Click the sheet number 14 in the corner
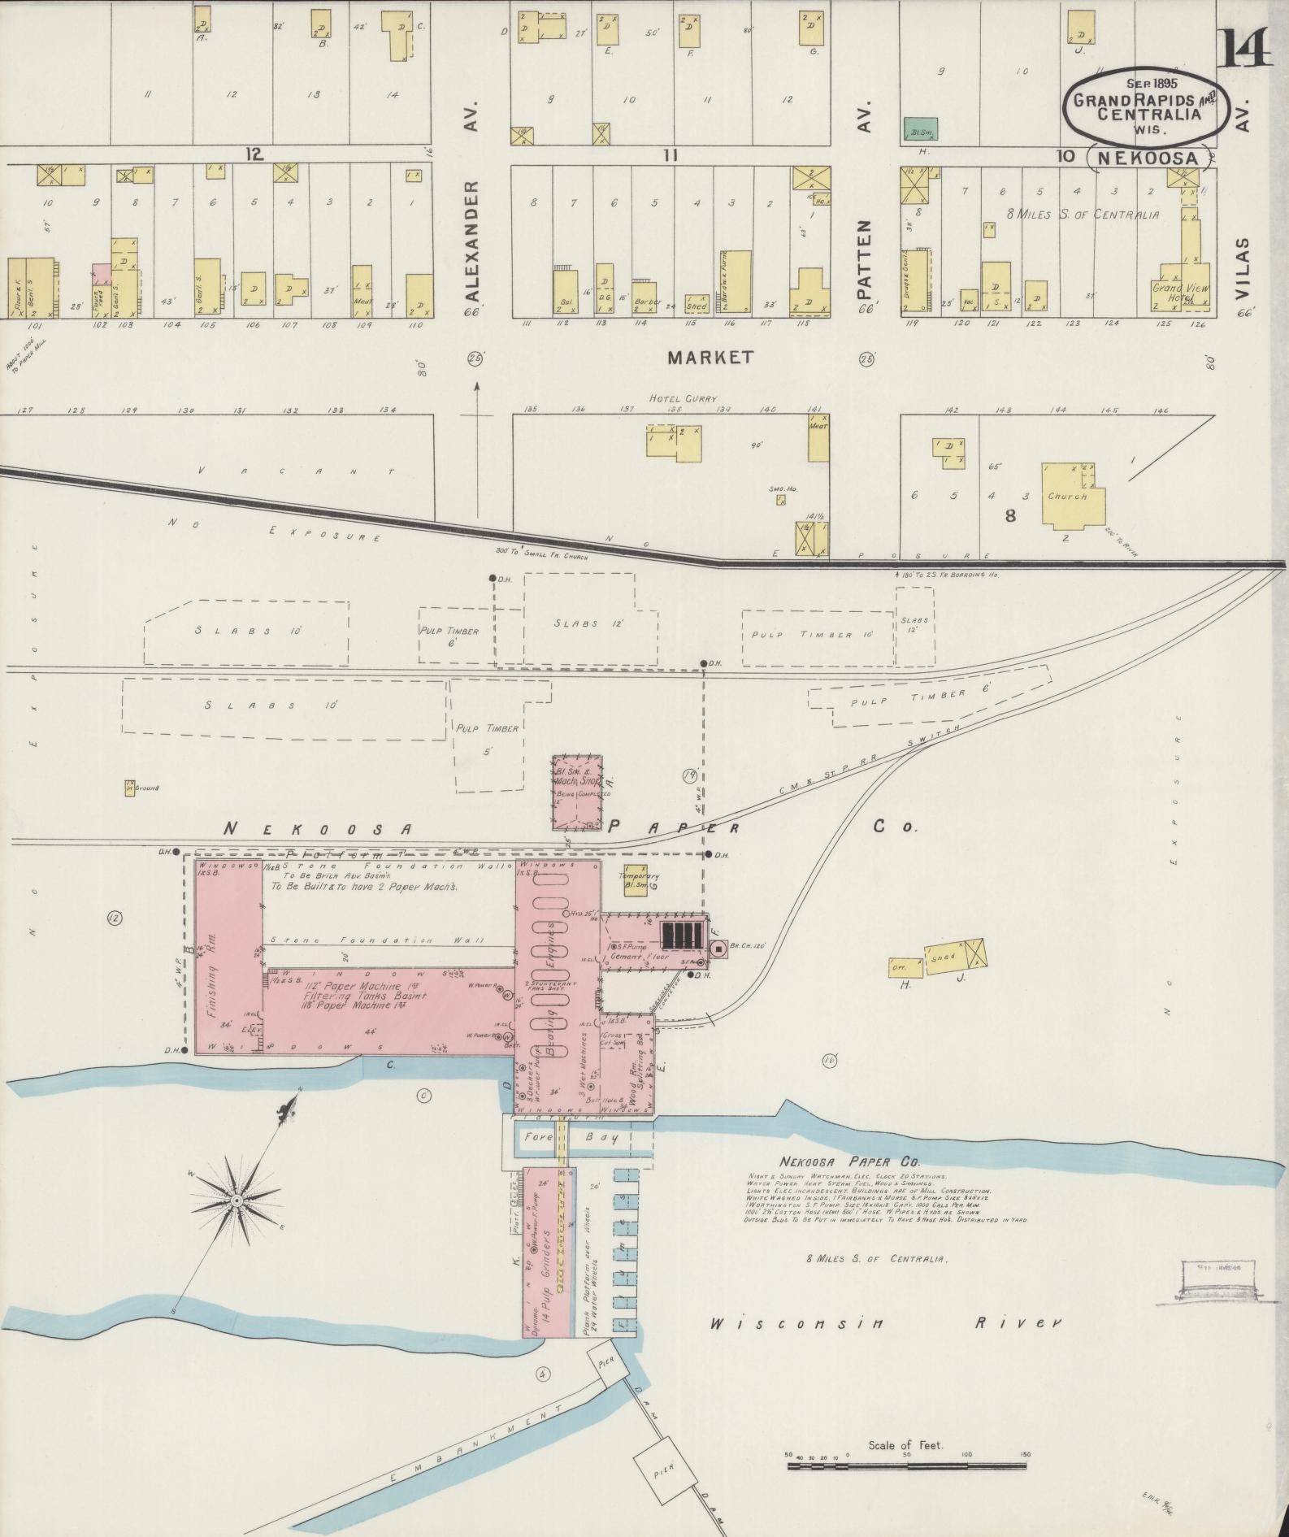(x=1243, y=46)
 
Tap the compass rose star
(x=237, y=1201)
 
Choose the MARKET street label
(x=710, y=358)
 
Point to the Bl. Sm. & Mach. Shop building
(x=578, y=792)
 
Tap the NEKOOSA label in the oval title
(x=1146, y=158)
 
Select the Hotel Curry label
(x=683, y=398)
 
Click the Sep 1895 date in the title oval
(x=1152, y=83)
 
